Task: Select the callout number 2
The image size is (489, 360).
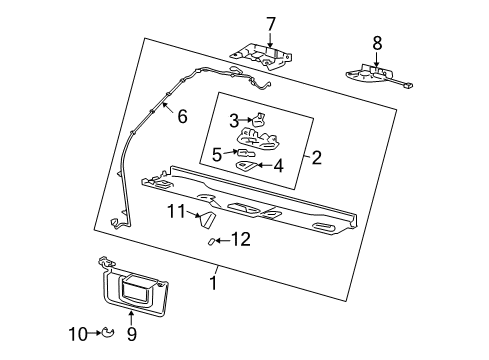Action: point(316,157)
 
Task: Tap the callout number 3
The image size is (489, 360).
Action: point(234,120)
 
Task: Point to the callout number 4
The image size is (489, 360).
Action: point(278,166)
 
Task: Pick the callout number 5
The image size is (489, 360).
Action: point(217,154)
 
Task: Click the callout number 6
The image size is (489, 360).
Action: point(181,115)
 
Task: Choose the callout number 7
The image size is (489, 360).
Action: point(269,23)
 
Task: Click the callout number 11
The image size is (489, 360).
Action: point(177,211)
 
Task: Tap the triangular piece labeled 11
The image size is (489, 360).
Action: point(207,218)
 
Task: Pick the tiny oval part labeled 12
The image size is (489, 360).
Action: point(211,241)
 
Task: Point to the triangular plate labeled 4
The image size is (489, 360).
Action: point(245,167)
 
